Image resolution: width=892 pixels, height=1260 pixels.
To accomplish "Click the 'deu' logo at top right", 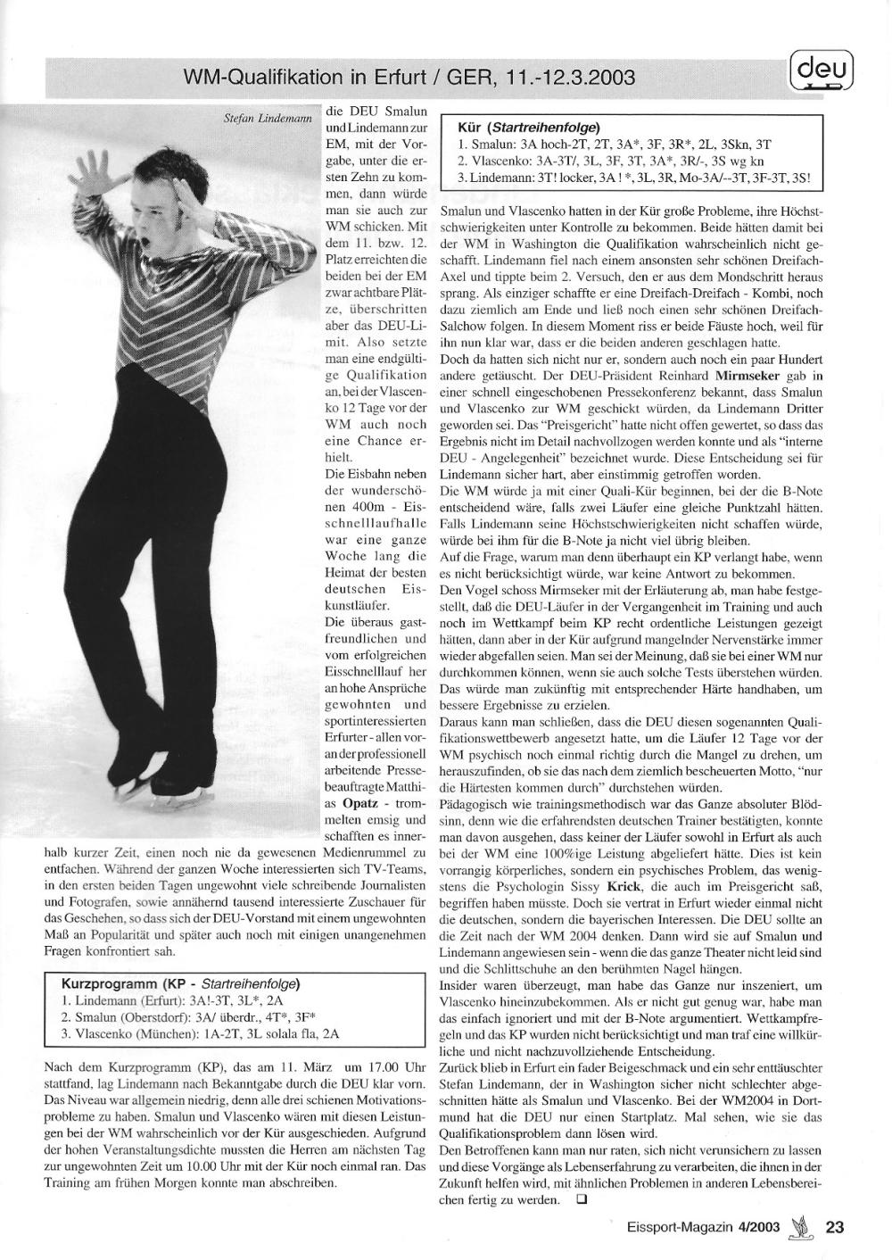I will point(822,69).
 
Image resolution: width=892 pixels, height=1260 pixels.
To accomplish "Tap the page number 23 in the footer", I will point(835,1226).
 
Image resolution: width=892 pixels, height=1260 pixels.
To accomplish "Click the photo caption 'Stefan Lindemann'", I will point(266,117).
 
